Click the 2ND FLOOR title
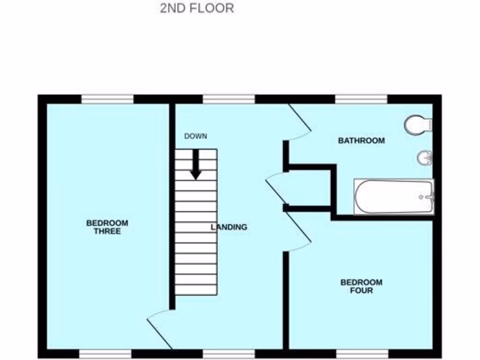(x=197, y=8)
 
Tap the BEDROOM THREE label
(x=107, y=227)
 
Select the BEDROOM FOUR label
(x=361, y=286)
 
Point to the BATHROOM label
(x=361, y=140)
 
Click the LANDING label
(x=229, y=227)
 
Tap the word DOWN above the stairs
(x=195, y=136)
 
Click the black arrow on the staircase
(x=195, y=165)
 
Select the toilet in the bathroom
(x=417, y=125)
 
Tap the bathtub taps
(x=427, y=197)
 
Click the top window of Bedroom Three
(x=107, y=99)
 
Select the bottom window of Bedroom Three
(x=105, y=353)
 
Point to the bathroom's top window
(x=361, y=99)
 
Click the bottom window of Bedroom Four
(x=362, y=353)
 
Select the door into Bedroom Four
(x=298, y=232)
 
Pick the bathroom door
(x=299, y=123)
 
